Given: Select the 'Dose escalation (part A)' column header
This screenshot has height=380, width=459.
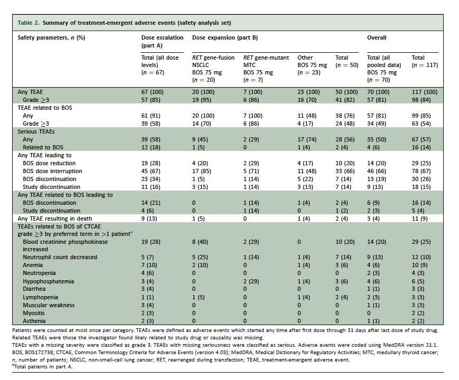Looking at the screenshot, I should click(162, 41).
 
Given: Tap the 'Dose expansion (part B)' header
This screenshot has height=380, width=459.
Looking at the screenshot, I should click(225, 38).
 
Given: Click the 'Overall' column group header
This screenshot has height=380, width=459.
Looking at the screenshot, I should click(377, 38).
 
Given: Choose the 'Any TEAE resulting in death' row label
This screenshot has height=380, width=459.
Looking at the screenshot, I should click(55, 218).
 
